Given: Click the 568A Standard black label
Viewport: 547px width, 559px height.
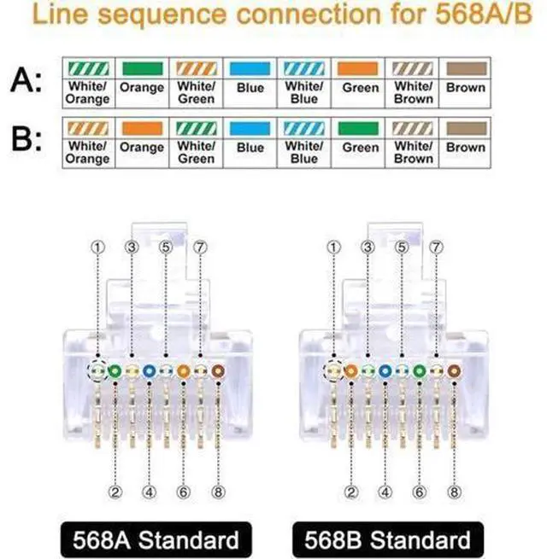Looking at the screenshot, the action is (156, 539).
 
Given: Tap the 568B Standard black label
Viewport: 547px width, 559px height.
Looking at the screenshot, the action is (388, 539).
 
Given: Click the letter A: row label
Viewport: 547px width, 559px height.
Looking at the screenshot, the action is (26, 80).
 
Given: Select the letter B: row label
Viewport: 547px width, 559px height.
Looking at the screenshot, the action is (26, 139).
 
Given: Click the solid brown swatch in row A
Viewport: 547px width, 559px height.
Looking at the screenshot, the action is (467, 68).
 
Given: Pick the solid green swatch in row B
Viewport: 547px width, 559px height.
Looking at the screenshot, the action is (358, 128).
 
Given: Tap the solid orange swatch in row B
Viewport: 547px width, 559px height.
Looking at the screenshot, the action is (142, 128).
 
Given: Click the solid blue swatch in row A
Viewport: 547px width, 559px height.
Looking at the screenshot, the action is (250, 68).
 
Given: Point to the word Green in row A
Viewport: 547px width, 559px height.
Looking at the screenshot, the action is (361, 88).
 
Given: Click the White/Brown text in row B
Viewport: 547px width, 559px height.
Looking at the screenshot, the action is (414, 152).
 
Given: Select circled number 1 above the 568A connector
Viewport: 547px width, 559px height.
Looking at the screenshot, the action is (97, 247).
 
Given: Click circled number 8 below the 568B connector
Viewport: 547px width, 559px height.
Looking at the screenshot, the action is (454, 492).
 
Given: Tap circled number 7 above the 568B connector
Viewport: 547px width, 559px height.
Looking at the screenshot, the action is (436, 247).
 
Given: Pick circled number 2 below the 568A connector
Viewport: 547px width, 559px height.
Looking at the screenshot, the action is (115, 492).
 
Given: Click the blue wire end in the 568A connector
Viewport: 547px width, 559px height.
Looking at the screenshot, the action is (149, 371).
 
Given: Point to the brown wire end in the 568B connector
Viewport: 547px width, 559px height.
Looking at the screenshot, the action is (454, 371).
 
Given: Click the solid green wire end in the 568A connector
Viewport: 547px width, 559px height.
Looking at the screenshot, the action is (115, 371).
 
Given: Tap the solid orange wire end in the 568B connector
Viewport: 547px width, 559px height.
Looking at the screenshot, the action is (350, 371).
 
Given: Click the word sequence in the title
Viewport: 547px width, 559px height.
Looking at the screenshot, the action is (162, 15).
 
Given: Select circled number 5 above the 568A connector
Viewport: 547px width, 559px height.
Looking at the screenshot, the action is (166, 247).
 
